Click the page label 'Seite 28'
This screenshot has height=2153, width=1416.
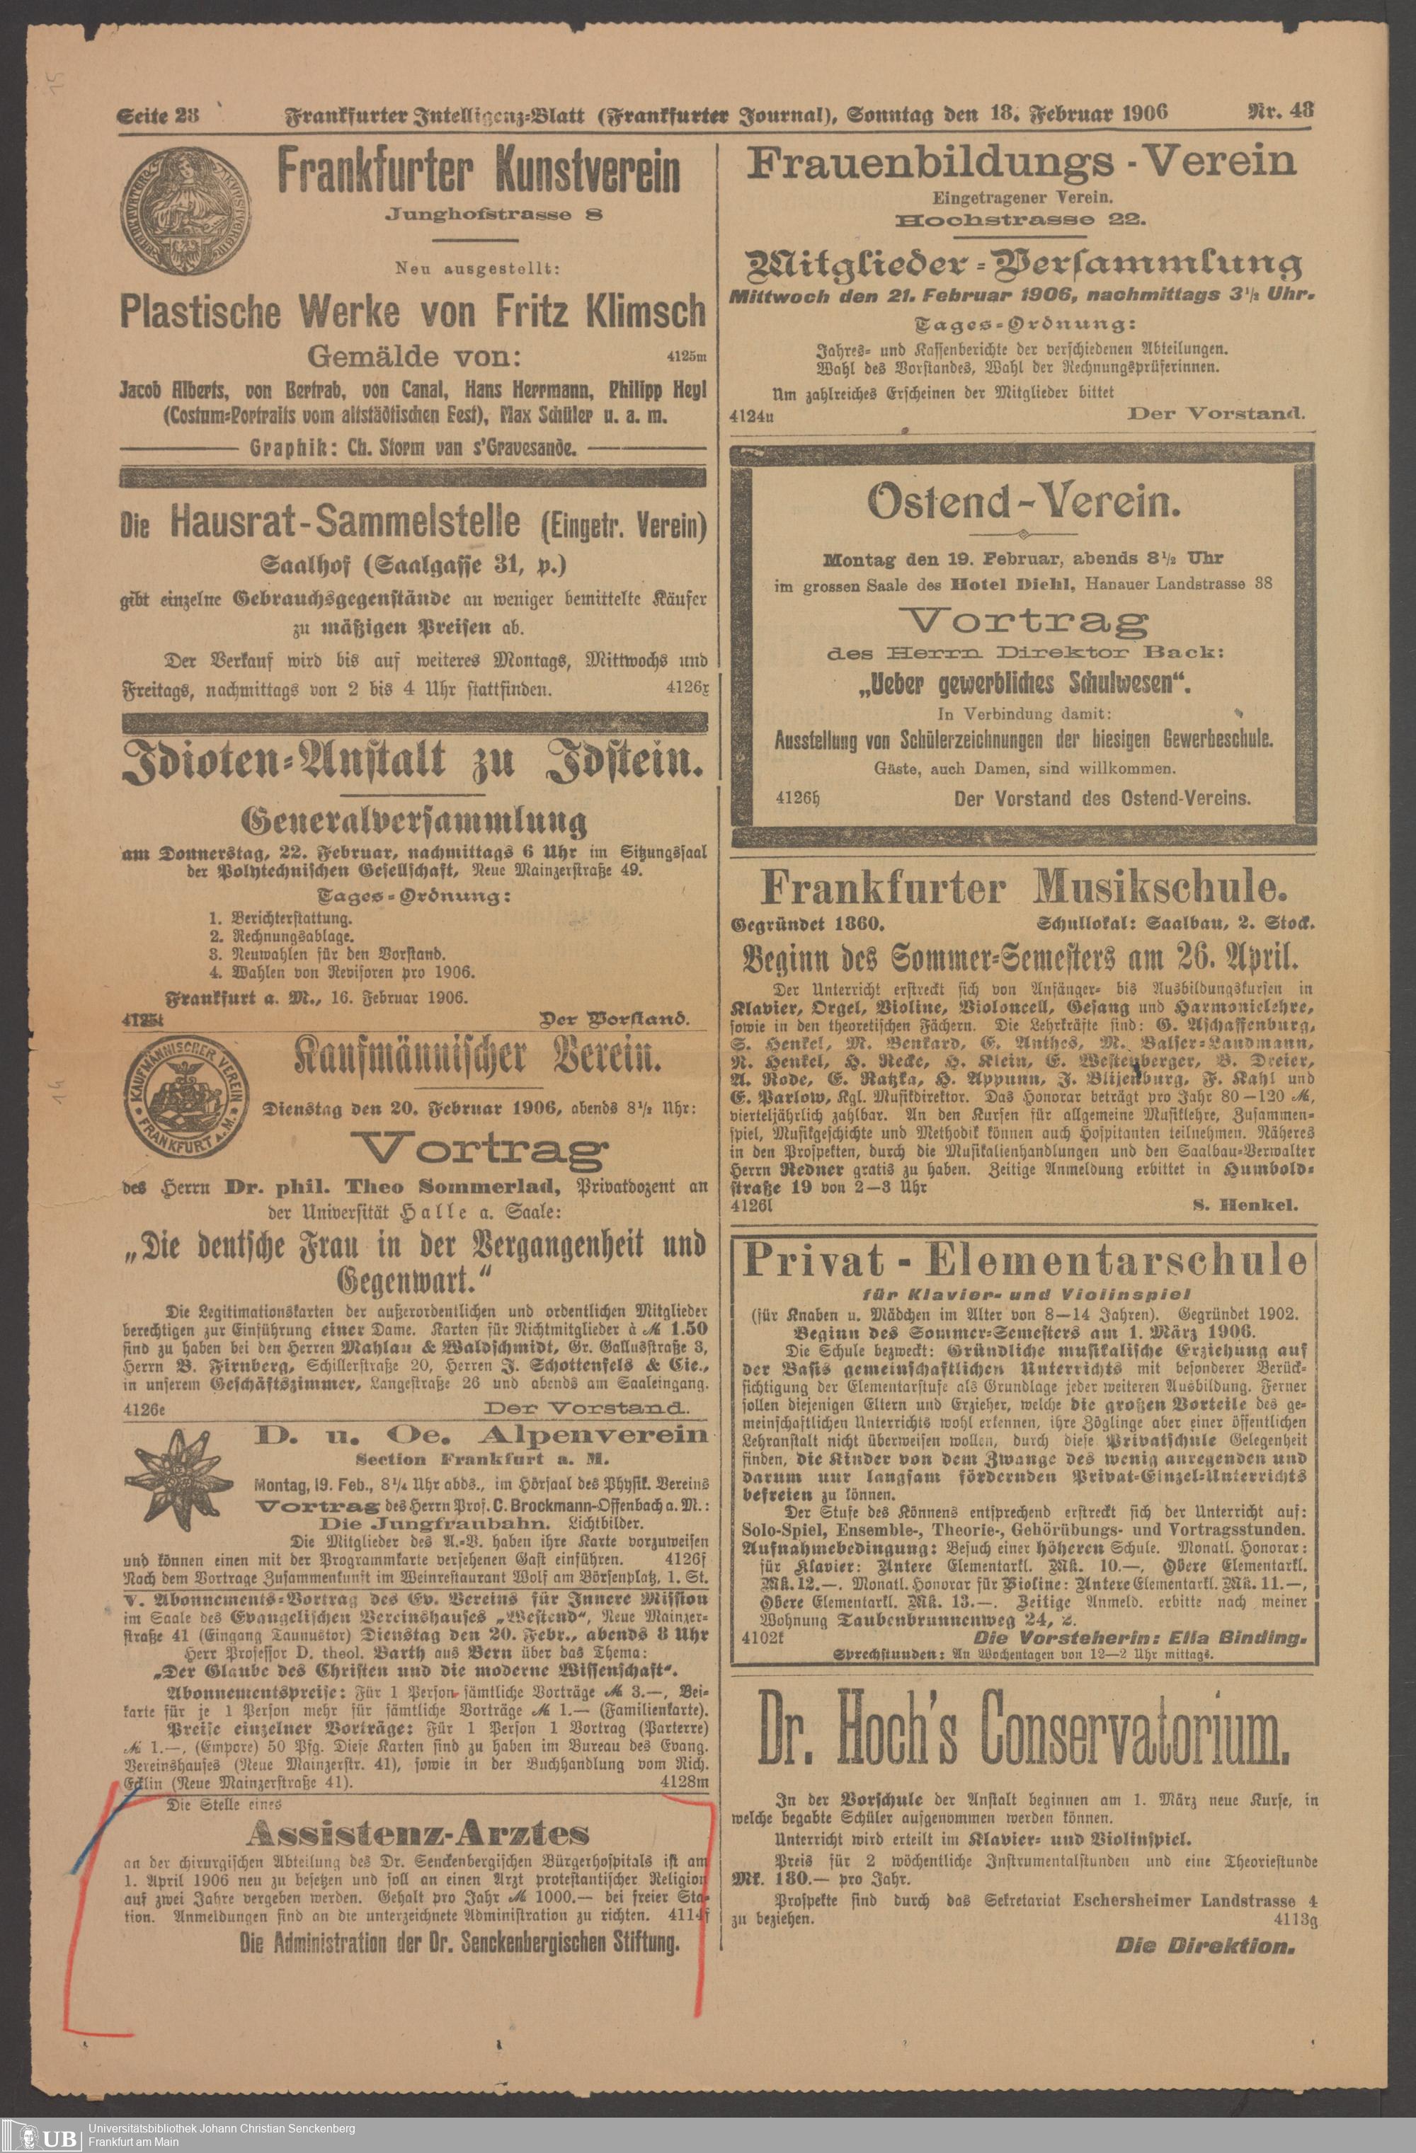157,115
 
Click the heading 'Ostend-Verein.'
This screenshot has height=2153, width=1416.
1023,504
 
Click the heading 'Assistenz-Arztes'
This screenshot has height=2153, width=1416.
418,1808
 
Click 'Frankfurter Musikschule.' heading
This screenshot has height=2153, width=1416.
1022,889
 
